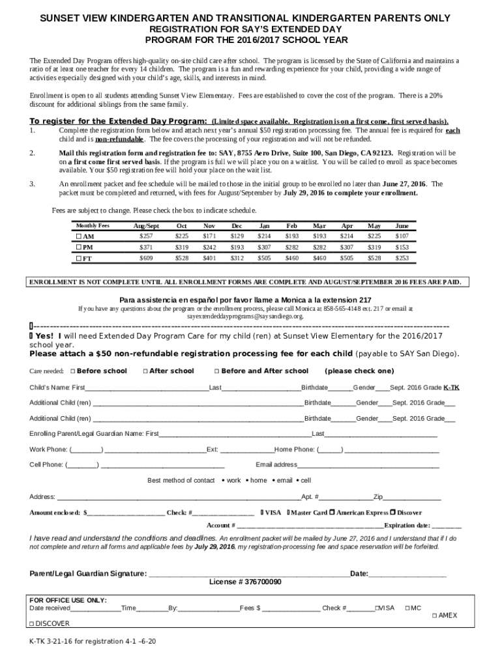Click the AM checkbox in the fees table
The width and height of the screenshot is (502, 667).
click(79, 236)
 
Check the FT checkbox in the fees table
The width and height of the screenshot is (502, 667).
click(79, 259)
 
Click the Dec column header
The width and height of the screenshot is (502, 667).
click(237, 225)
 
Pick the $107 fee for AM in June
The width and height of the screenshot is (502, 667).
click(402, 236)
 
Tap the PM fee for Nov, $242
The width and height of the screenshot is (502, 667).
click(209, 248)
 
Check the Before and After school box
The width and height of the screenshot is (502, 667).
click(216, 371)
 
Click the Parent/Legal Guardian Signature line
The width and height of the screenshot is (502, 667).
click(248, 574)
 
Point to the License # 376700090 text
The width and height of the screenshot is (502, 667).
click(245, 582)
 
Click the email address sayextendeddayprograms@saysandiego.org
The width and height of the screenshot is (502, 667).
click(245, 317)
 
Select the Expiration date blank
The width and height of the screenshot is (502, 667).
click(447, 526)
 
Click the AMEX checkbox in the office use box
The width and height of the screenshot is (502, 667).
click(434, 616)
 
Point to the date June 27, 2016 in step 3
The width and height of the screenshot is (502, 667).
click(403, 184)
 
